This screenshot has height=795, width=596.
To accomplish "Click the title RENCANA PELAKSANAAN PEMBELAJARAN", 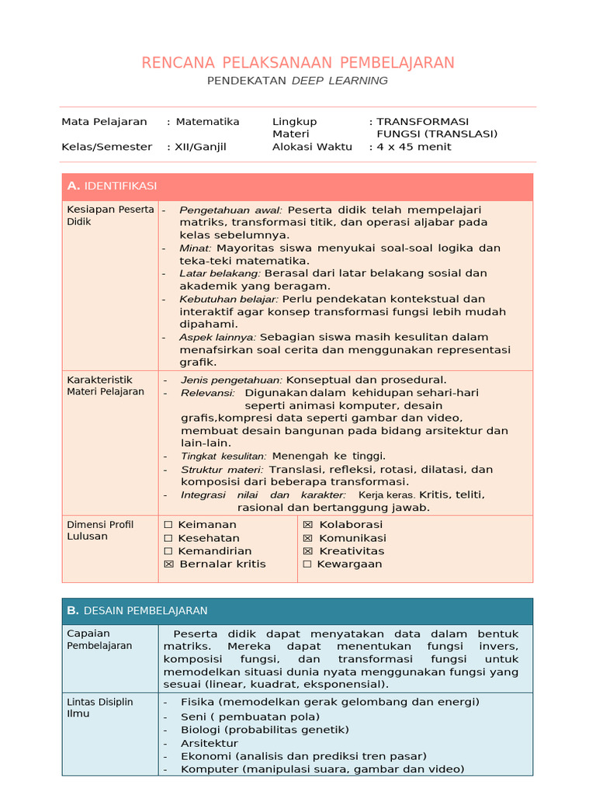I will pos(298,63).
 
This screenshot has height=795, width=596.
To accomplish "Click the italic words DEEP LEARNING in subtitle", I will pos(339,81).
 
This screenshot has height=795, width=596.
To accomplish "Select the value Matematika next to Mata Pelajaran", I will pos(207,122).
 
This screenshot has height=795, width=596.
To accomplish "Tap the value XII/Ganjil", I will pos(201,147).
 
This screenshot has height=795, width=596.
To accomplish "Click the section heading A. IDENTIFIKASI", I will pos(112,186).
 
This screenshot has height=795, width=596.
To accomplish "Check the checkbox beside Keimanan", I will pos(168,525).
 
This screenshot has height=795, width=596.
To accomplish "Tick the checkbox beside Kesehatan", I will pos(168,538).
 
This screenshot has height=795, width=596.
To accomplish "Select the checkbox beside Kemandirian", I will pos(168,551).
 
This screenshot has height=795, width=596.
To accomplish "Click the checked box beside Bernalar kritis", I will pos(168,564).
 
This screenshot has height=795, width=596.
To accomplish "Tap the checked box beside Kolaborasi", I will pos(308,525).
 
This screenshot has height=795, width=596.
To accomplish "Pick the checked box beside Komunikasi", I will pos(308,538).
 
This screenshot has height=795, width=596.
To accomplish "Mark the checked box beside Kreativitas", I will pos(308,551).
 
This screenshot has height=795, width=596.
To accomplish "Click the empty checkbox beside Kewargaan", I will pos(308,564).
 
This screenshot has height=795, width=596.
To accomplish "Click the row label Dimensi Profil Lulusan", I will pos(100,530).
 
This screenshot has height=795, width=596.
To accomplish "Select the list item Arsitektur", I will pos(210,743).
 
